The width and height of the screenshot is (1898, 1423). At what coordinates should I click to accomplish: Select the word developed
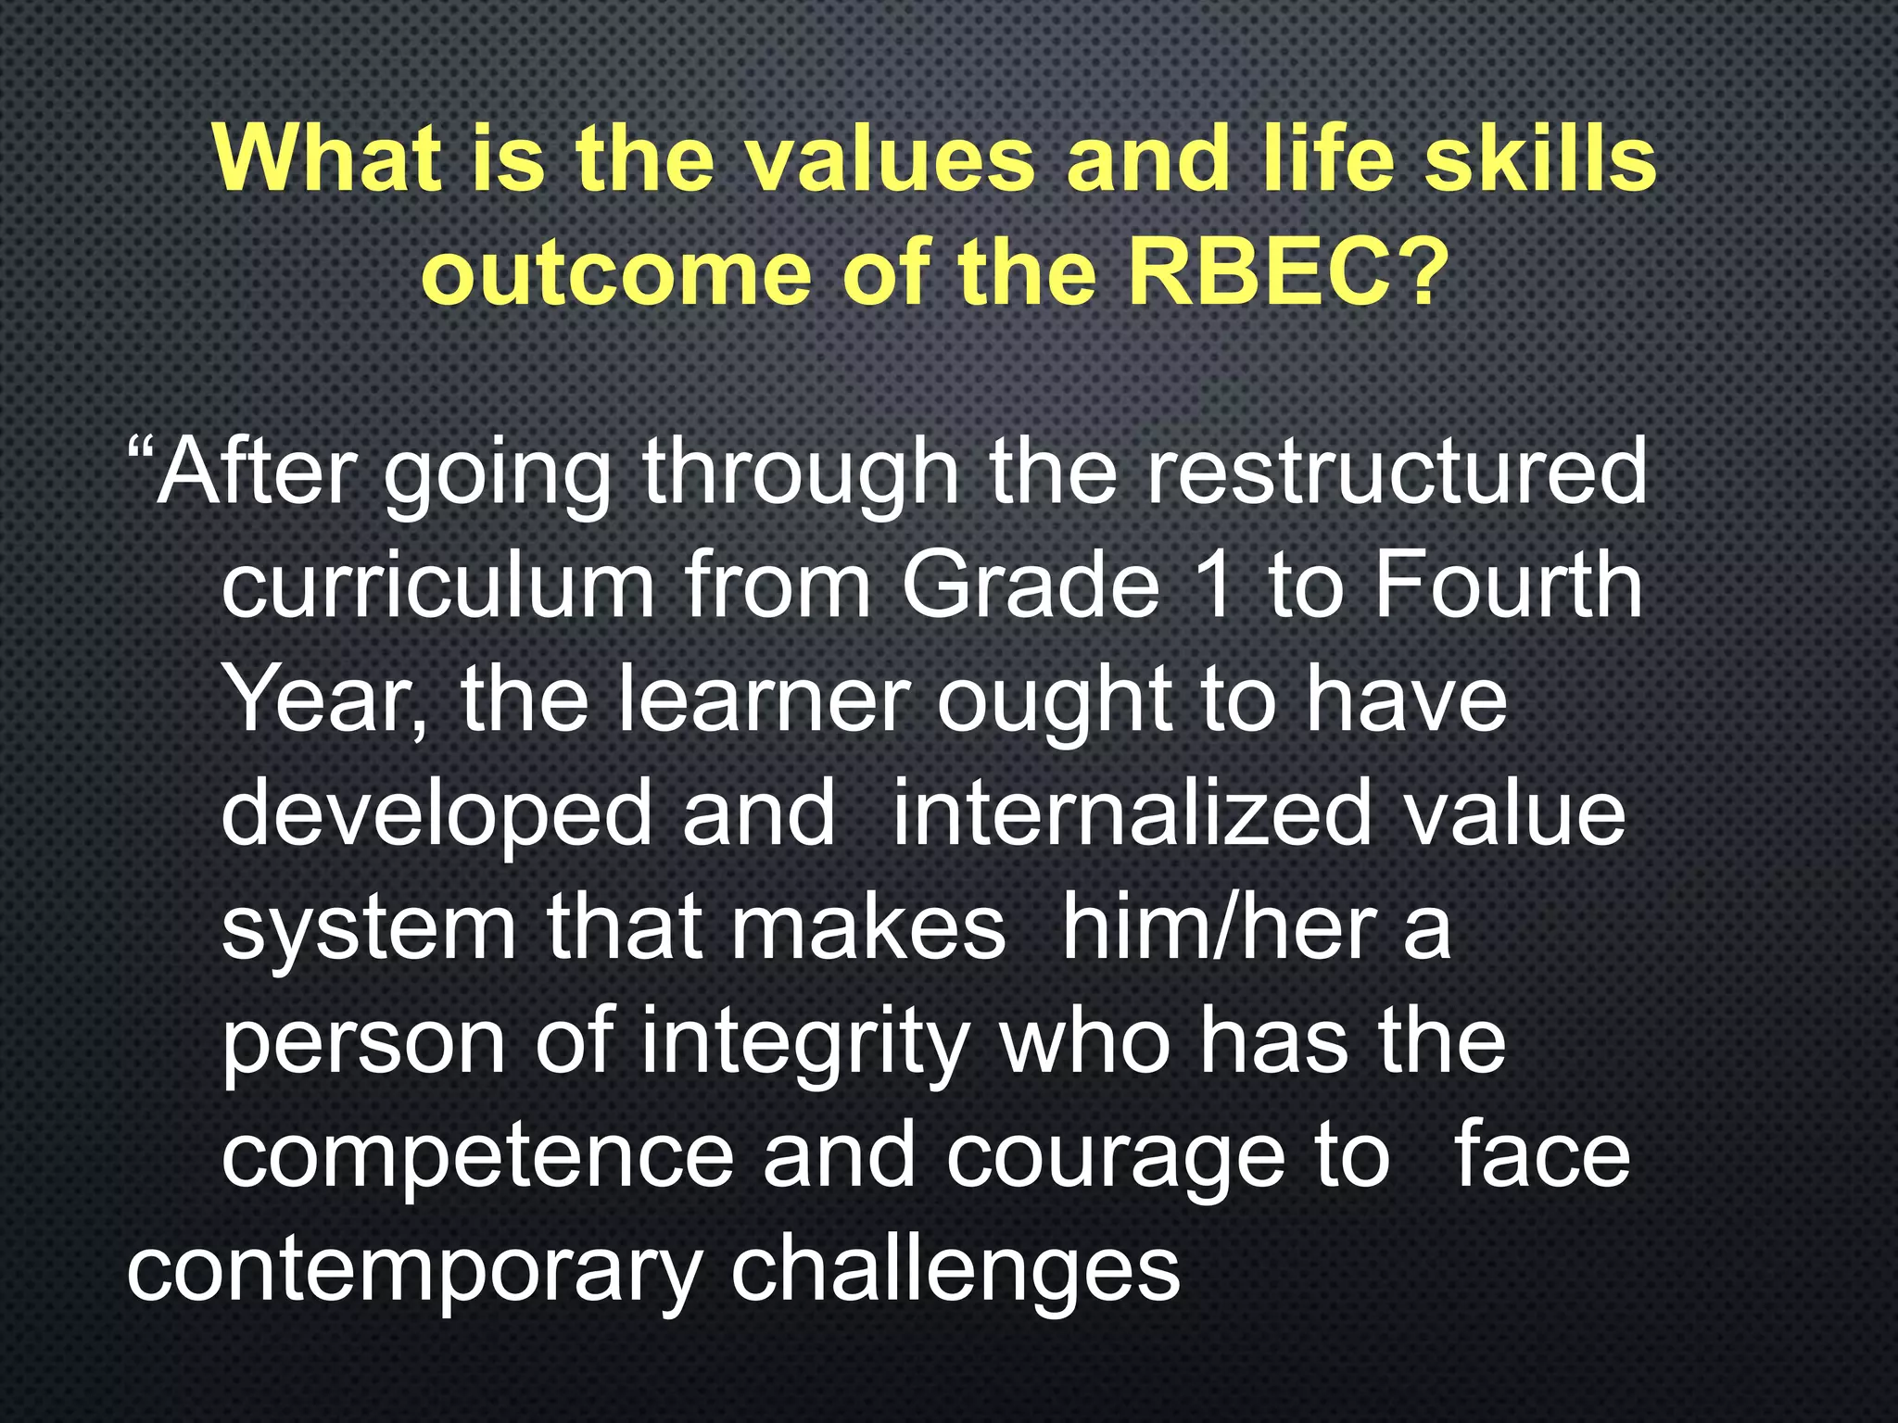(437, 815)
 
